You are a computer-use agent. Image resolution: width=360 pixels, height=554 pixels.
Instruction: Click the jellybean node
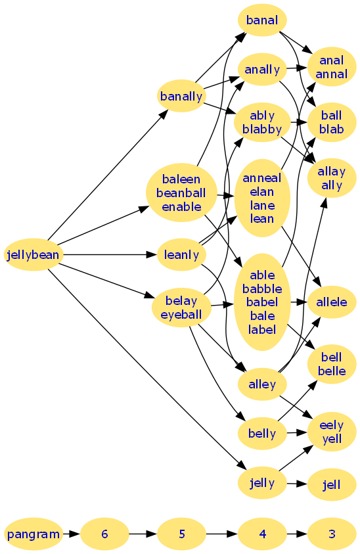click(34, 255)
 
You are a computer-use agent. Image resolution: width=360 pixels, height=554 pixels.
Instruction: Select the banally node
click(181, 96)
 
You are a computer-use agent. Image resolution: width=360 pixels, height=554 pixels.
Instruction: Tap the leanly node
click(181, 255)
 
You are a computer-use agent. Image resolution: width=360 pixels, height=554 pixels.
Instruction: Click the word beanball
click(181, 193)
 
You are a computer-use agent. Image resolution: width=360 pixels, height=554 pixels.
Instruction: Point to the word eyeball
click(181, 314)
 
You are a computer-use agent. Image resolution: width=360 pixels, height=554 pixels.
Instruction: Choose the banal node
click(262, 20)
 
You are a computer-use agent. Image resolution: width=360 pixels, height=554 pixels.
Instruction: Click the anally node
click(262, 70)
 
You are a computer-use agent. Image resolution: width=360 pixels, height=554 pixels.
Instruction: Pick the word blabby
click(262, 129)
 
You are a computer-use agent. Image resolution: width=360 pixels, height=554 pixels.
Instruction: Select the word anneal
click(262, 177)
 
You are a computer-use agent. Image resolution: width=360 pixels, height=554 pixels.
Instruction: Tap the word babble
click(262, 289)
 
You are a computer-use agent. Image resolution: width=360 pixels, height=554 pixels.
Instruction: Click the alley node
click(262, 384)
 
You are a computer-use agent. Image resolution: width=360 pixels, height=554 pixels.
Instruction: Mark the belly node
click(262, 433)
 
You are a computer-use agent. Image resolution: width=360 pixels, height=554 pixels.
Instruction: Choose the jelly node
click(262, 482)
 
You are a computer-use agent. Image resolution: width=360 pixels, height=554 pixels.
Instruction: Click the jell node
click(332, 485)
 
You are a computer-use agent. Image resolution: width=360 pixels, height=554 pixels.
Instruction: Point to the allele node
click(332, 302)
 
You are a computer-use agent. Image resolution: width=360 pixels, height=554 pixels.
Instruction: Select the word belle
click(332, 371)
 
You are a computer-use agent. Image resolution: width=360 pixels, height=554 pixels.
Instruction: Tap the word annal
click(332, 74)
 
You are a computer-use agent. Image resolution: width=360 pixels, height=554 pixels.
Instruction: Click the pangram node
click(34, 534)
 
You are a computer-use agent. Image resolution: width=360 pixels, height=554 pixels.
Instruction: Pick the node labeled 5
click(181, 534)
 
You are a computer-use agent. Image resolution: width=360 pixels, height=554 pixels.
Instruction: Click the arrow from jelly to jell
click(297, 484)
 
